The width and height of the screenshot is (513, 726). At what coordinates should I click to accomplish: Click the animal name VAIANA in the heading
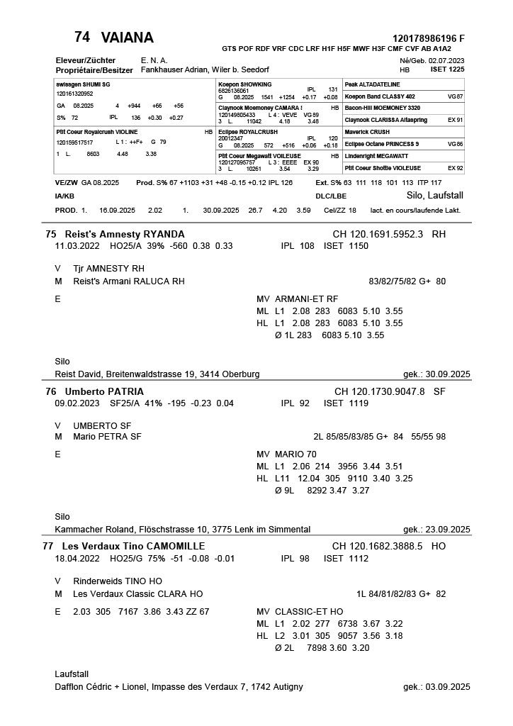[128, 38]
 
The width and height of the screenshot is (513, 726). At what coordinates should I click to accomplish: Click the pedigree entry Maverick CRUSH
[367, 132]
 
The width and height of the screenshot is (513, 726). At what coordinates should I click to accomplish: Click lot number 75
[51, 234]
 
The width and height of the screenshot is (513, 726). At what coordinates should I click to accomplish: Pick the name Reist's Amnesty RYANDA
[125, 234]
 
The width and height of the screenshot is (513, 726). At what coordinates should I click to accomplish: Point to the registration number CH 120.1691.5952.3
[378, 234]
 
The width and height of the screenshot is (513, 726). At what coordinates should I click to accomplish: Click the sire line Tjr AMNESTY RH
[108, 269]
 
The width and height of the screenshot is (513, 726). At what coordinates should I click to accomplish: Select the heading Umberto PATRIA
[104, 391]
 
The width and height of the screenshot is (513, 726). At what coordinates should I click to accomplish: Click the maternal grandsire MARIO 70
[295, 454]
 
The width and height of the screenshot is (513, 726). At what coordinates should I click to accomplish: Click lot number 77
[49, 546]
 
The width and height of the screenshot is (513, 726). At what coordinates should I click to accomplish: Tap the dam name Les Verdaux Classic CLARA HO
[138, 593]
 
